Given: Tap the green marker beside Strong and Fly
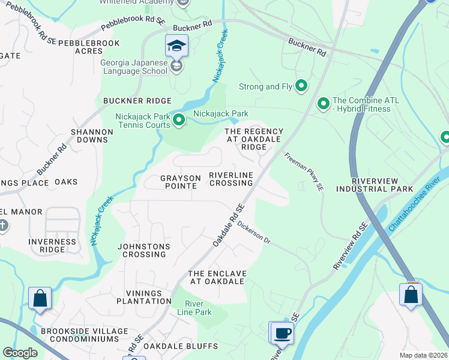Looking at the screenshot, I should [301, 86].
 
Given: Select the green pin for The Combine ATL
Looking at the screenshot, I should [324, 104].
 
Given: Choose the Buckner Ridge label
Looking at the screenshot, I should [137, 101].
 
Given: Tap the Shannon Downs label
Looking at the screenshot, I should [91, 136].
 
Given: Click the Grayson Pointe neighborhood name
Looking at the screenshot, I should [179, 182].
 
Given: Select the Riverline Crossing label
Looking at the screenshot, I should [231, 178].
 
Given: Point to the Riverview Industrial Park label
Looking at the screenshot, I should [375, 185].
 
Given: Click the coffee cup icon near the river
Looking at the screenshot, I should [282, 332].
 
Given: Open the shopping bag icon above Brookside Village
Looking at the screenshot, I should [40, 298].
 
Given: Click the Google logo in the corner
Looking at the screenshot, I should [20, 353].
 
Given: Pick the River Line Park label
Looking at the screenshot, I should [198, 308].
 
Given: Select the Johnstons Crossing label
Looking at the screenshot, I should [142, 250].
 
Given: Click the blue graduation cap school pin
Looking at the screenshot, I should [177, 45].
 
